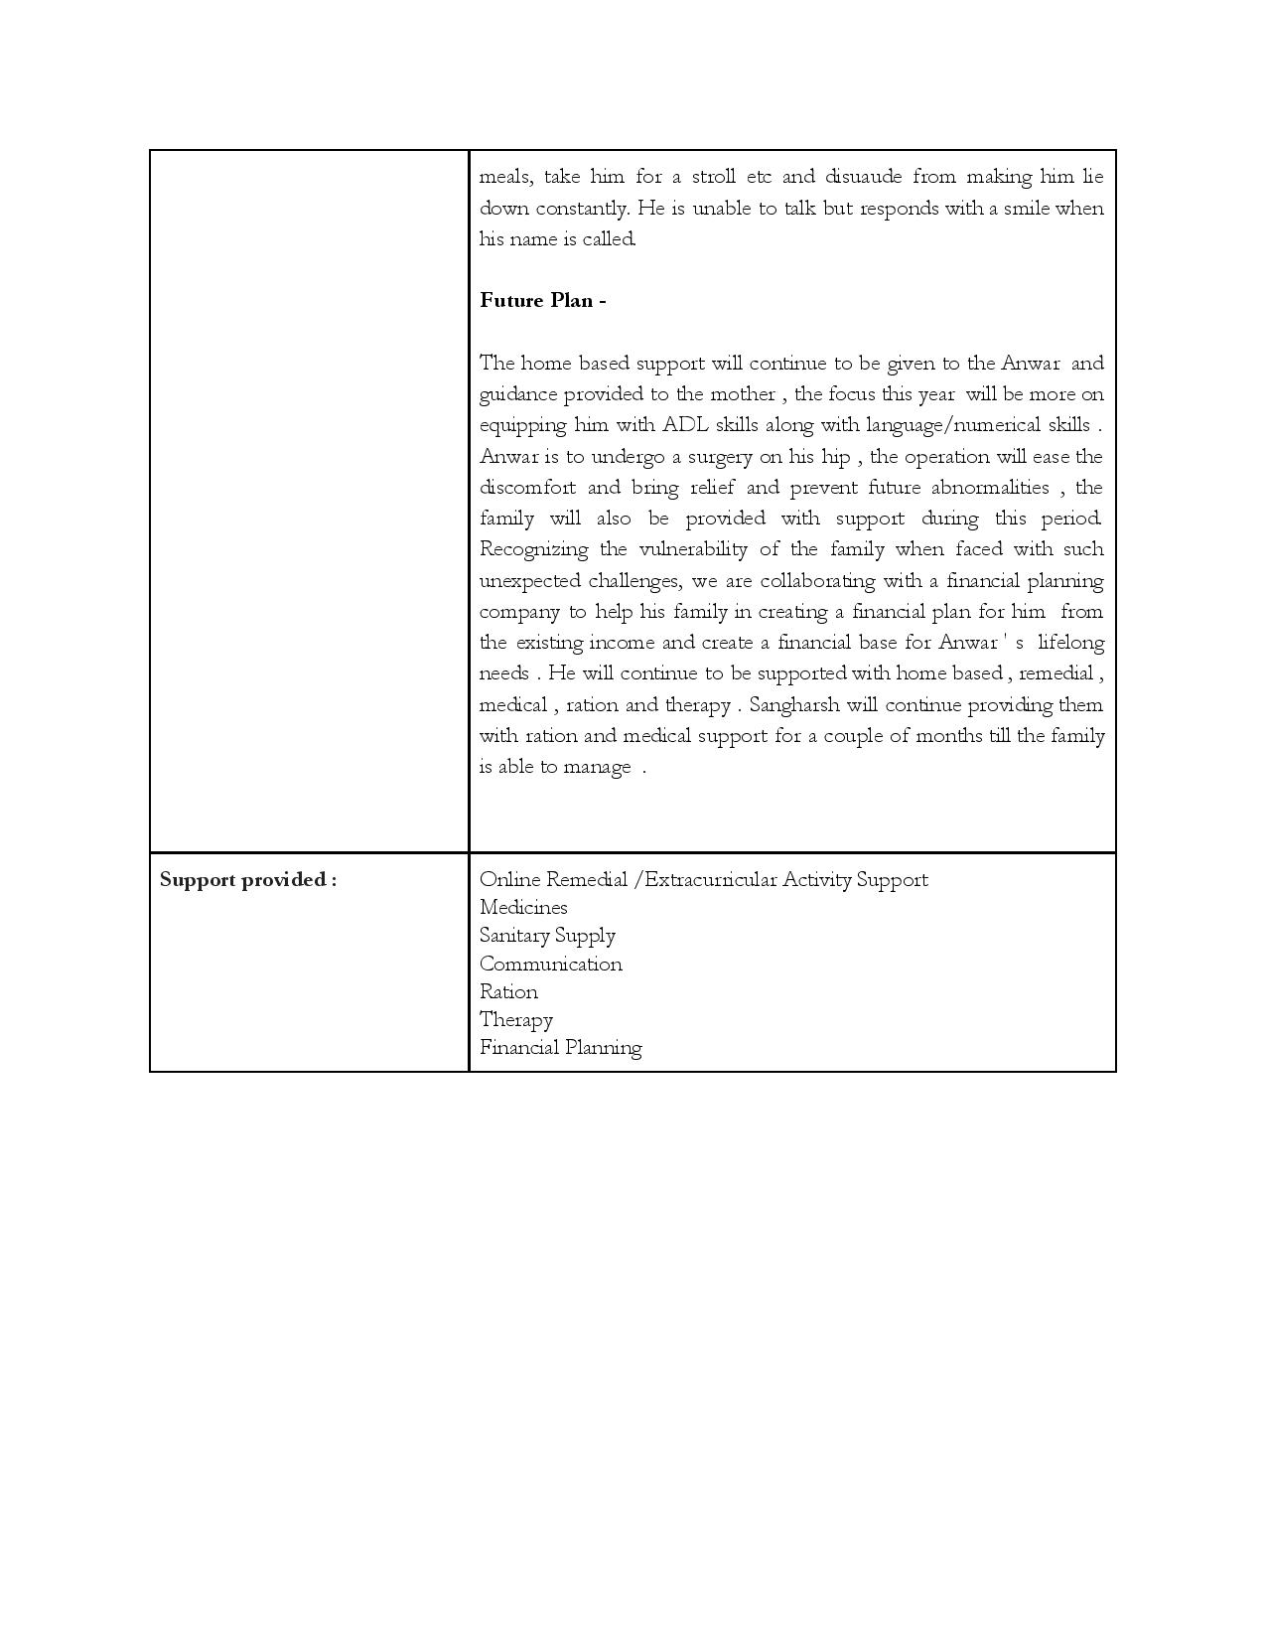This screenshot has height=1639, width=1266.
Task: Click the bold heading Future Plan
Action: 542,301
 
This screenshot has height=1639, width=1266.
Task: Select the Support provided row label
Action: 248,880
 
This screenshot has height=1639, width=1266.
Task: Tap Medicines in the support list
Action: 523,908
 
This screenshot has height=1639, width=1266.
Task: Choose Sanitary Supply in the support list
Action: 547,936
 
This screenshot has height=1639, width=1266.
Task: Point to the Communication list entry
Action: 551,964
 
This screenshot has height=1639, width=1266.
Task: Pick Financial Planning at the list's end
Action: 561,1048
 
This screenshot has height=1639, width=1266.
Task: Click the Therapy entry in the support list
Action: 516,1020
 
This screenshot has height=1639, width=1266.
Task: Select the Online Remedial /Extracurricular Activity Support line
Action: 703,880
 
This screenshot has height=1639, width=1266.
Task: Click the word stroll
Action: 713,177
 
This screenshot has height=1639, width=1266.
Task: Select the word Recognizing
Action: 533,549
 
